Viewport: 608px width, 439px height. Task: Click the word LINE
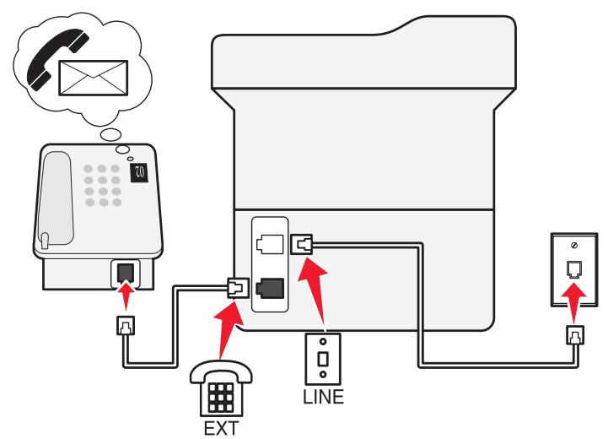coord(323,397)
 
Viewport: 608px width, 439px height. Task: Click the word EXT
coord(221,429)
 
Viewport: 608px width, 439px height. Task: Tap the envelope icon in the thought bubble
coord(93,78)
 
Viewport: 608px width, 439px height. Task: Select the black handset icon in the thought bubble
coord(57,59)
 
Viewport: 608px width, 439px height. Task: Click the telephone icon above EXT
coord(221,388)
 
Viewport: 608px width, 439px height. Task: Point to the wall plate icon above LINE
coord(323,359)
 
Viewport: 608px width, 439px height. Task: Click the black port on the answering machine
coord(126,274)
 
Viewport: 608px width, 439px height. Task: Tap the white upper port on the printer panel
coord(270,244)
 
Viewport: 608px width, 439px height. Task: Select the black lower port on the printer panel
coord(270,289)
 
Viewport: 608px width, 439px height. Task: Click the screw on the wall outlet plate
coord(574,246)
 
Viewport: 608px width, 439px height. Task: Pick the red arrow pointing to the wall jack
coord(574,303)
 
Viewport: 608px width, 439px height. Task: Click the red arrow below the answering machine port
coord(126,295)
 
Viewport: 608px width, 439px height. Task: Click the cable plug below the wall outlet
coord(574,335)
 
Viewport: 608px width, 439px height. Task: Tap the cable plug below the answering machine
coord(126,325)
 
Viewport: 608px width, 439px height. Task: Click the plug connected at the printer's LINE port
coord(301,244)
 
